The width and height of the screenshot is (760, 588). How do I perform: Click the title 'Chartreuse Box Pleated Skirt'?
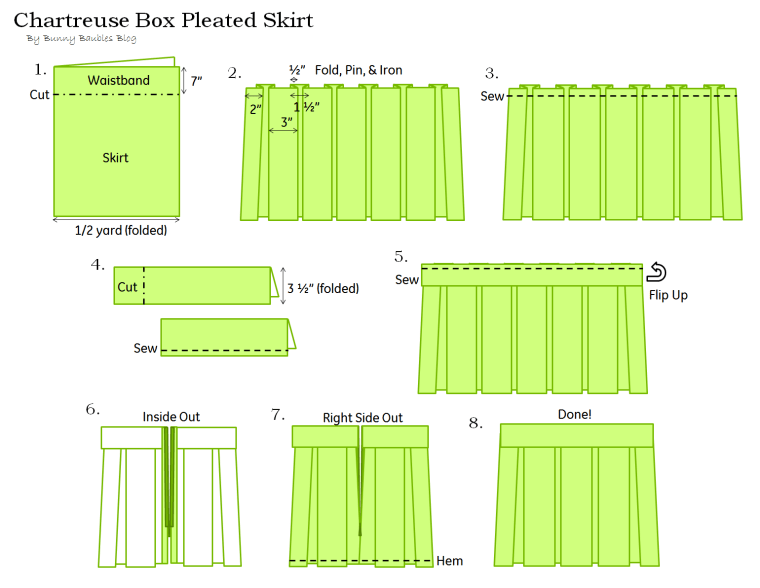click(163, 20)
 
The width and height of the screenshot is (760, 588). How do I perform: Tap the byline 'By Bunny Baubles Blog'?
click(81, 39)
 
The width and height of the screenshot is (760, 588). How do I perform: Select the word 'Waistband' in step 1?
click(118, 80)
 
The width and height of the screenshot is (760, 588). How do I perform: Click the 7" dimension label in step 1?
click(196, 81)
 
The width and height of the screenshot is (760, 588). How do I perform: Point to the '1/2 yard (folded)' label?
click(120, 230)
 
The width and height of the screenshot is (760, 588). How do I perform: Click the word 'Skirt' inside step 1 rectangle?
click(115, 158)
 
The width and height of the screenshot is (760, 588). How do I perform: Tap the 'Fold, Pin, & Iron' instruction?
click(358, 70)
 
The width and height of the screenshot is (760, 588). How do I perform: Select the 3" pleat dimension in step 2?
click(286, 122)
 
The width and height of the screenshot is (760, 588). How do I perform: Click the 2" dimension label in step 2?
click(256, 108)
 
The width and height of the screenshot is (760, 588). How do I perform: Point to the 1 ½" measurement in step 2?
click(305, 107)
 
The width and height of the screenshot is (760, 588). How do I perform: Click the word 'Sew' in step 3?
click(492, 97)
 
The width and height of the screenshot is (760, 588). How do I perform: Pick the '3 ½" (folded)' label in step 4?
click(323, 288)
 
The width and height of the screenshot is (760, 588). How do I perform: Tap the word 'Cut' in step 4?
click(127, 287)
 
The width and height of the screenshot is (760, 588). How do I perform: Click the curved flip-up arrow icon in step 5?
click(657, 272)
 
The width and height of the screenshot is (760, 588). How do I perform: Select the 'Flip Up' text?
click(666, 295)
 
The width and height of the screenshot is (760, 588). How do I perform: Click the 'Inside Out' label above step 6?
click(171, 417)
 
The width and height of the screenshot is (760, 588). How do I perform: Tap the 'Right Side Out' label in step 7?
click(362, 417)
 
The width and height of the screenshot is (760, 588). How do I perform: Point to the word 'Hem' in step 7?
click(450, 561)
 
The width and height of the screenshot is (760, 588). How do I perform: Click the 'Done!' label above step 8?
click(574, 414)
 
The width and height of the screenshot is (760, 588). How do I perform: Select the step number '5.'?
click(401, 256)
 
